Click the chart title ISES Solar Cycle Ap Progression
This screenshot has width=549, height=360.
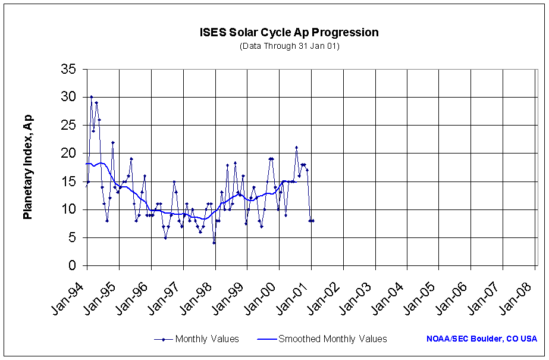pos(289,33)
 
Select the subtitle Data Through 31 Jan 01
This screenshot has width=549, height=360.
pos(289,46)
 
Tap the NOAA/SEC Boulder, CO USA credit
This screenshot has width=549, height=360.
pos(482,339)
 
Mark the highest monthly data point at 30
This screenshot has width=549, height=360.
pos(91,97)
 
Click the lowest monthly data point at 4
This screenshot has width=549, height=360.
pos(214,243)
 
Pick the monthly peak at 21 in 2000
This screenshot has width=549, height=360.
pos(296,148)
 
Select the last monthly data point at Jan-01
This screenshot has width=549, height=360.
pos(313,221)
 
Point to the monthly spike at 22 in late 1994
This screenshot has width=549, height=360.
pos(112,142)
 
